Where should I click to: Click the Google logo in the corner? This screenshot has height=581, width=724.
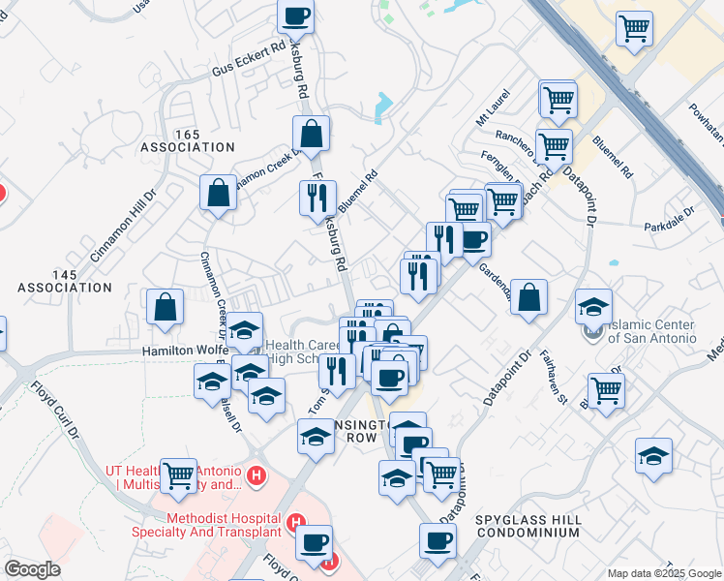(32, 569)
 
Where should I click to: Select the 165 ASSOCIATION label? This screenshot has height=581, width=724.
(187, 139)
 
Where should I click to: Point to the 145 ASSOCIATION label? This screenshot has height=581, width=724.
(65, 282)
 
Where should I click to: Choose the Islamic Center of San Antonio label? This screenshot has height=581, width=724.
(651, 331)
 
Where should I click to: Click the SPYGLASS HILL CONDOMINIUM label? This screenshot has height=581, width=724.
(528, 527)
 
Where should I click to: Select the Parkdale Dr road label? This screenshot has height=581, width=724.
(670, 219)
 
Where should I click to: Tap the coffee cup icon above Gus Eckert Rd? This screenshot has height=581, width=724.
(296, 16)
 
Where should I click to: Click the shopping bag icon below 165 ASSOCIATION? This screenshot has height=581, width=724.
(220, 192)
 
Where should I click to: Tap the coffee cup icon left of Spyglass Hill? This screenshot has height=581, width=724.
(437, 539)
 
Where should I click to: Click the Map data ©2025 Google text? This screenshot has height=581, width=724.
(663, 573)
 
